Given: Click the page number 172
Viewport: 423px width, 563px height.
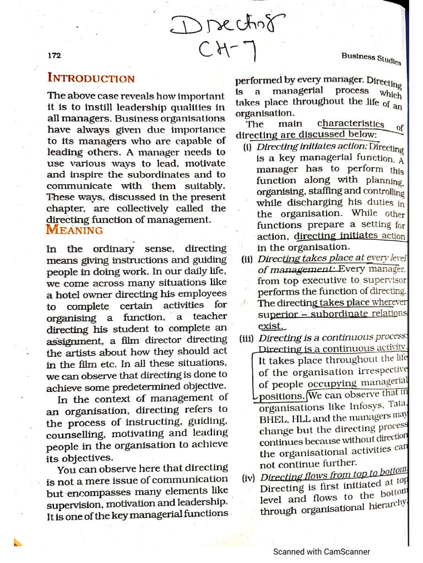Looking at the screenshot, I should (x=55, y=55).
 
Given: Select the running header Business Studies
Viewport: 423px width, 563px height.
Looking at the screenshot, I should (x=371, y=58).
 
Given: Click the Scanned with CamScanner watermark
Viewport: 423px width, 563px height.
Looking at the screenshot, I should (x=322, y=551).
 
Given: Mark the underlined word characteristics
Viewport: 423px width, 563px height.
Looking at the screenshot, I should (x=351, y=124).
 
